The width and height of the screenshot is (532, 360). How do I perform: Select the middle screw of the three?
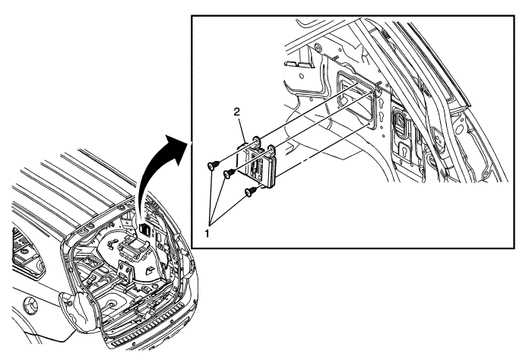(x=227, y=174)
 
